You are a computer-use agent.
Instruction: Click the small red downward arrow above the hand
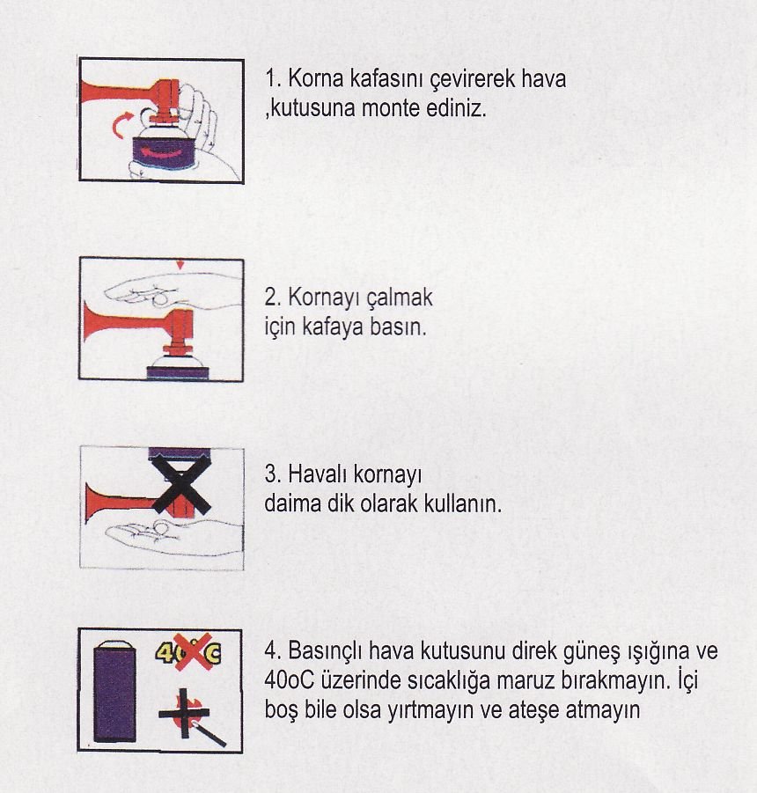[180, 265]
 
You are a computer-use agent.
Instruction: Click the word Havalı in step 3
[317, 474]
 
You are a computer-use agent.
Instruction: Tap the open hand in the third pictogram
[174, 537]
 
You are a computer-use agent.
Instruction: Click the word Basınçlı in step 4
[325, 651]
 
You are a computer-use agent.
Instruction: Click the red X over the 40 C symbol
[193, 652]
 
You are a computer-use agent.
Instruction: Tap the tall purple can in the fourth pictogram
[114, 692]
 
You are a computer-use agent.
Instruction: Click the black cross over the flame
[184, 713]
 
